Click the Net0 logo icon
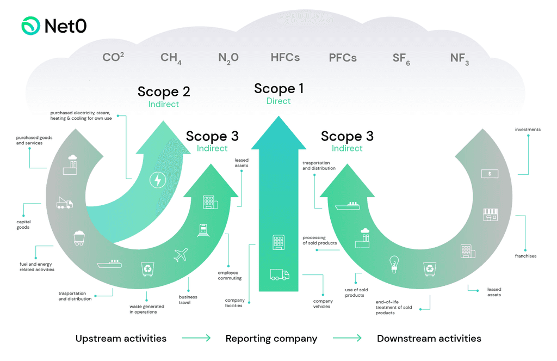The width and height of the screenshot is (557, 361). coord(30,26)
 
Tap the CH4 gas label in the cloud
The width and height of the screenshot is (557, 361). coord(171,58)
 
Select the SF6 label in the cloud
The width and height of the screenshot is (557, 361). coord(401,58)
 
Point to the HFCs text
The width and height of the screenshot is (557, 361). coord(285,57)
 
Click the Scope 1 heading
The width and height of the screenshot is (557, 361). coord(278,88)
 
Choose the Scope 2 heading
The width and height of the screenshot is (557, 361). coord(164,91)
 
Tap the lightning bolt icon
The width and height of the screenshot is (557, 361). coord(158,180)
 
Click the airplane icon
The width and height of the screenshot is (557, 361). coord(181,254)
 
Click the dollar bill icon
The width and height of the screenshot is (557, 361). coord(490,174)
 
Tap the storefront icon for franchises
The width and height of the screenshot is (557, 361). coord(491,214)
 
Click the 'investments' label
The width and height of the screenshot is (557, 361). coord(528,130)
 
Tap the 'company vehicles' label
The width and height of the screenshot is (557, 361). coord(323,304)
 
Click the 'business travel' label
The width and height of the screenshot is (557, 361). coord(188,300)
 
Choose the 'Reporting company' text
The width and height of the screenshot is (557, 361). coord(271,339)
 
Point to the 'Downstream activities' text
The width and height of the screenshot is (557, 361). coord(429,339)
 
